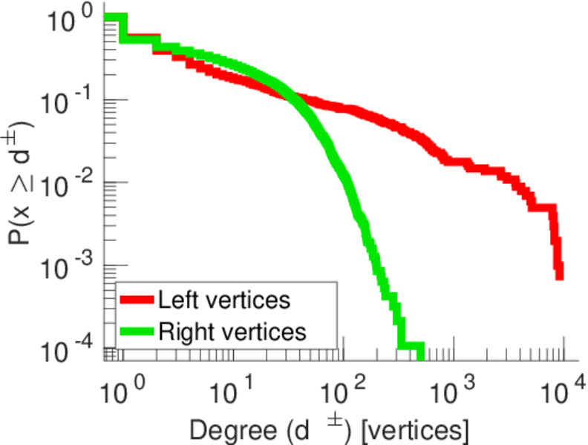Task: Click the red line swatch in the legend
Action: click(137, 300)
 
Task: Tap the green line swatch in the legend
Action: click(137, 332)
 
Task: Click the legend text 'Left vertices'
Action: click(223, 300)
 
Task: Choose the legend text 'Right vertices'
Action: click(232, 332)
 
